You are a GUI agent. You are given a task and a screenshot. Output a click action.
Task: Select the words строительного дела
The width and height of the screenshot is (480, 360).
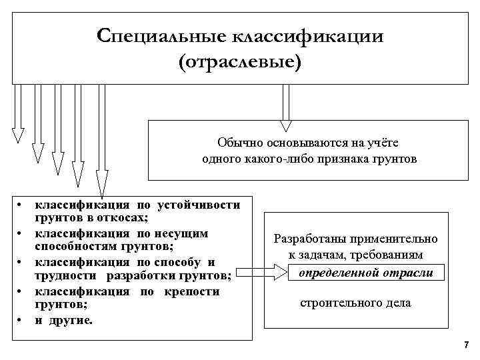[355, 303]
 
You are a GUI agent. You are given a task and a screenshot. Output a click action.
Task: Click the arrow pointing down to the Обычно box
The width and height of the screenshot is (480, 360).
[286, 107]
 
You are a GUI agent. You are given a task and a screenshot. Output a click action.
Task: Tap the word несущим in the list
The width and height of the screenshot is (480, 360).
[181, 233]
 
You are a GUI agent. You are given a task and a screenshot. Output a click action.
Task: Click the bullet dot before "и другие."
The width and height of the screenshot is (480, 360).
[21, 319]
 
